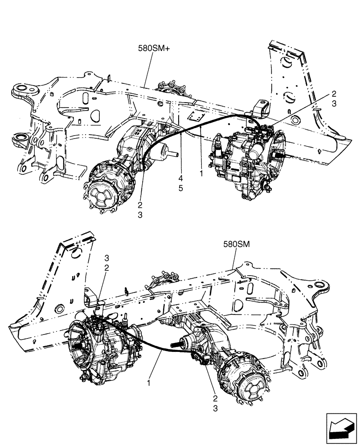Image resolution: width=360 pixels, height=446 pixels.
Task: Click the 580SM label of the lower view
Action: (237, 244)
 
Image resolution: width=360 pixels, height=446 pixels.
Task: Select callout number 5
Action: (181, 188)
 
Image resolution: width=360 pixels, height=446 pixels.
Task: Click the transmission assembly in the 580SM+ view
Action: (243, 163)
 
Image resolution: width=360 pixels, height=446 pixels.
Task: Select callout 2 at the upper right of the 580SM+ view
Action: (334, 94)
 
